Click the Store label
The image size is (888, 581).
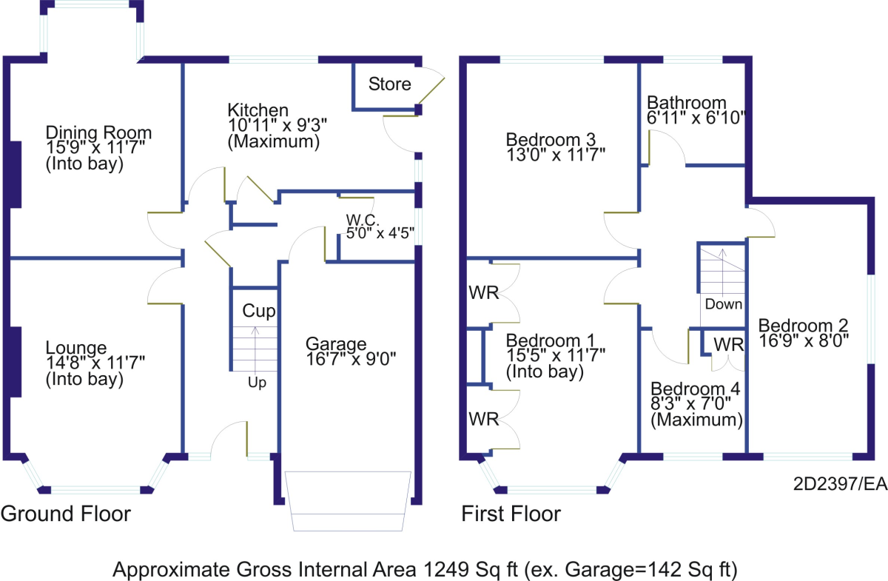390,84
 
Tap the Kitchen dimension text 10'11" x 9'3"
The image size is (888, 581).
277,125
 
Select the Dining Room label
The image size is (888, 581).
98,132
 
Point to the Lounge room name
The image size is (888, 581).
76,348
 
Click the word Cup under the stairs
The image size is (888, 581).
259,311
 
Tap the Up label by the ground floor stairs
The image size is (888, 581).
257,383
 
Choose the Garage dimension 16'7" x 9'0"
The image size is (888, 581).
351,359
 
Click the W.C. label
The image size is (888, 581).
363,220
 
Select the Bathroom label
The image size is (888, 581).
687,103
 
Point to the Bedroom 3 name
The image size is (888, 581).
551,140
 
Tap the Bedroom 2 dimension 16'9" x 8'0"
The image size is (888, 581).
804,340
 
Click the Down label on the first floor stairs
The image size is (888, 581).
724,304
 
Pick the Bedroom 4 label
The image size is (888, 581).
696,389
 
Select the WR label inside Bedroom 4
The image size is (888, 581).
729,345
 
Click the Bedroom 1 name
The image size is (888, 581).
551,340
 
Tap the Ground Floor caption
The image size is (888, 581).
66,514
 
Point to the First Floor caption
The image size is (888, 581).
511,514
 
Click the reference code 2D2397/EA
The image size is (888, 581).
840,484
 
